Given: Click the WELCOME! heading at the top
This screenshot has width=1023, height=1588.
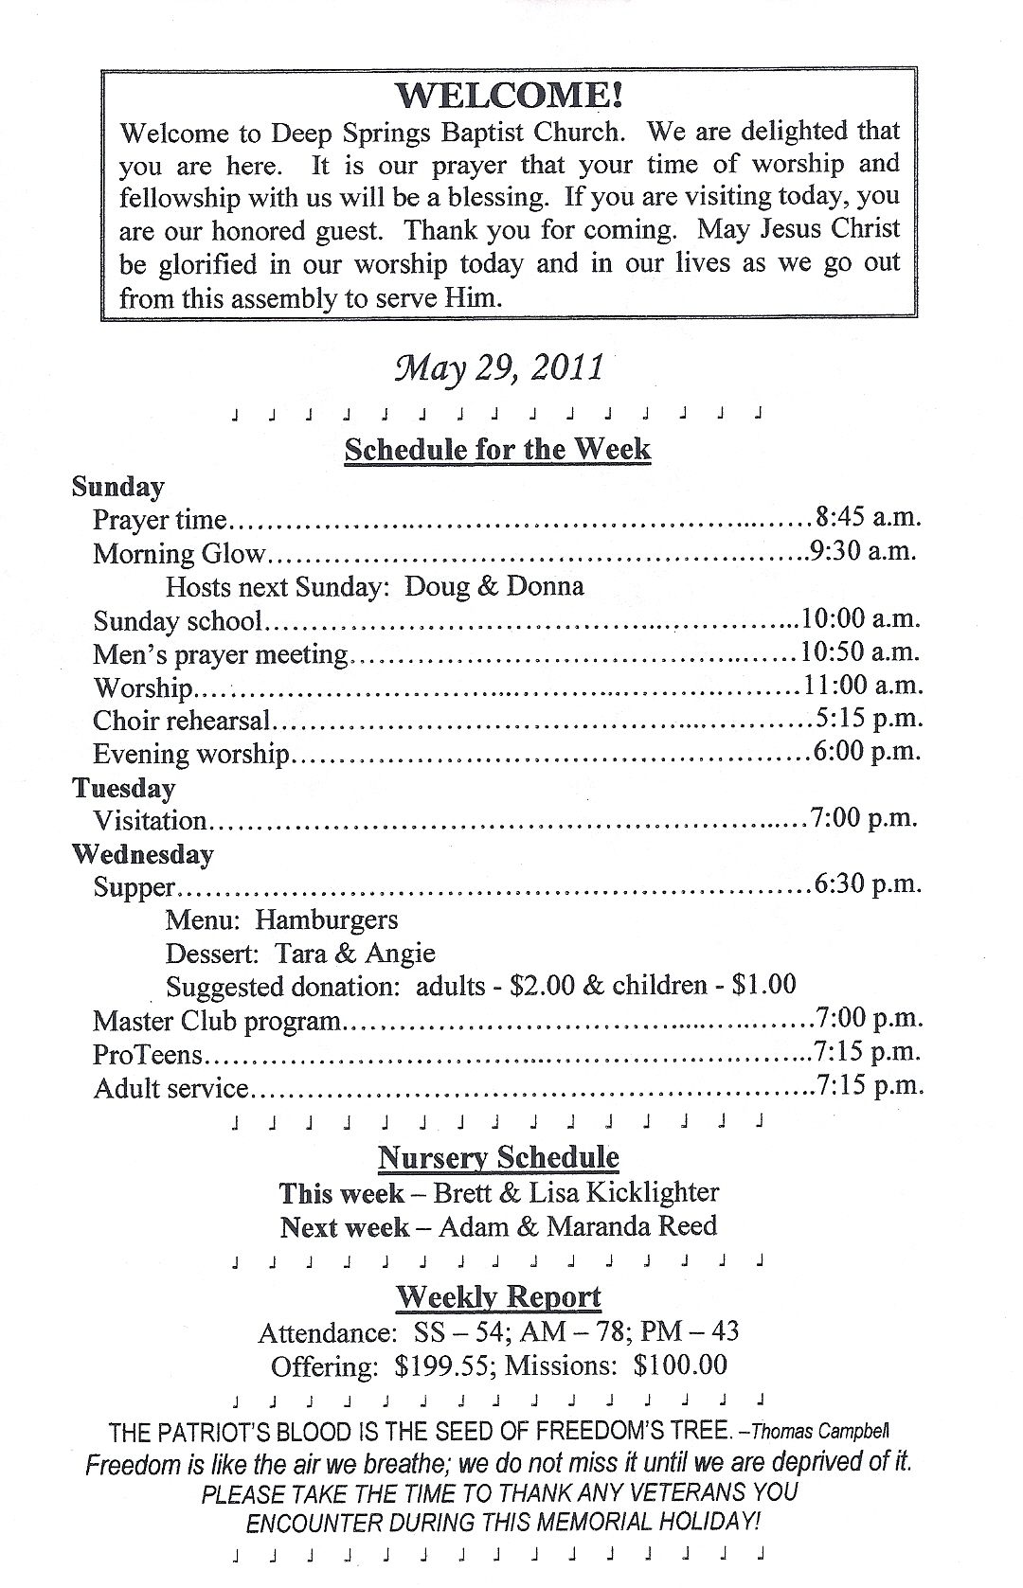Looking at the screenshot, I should tap(509, 95).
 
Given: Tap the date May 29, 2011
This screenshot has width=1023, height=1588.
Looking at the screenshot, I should tap(498, 368).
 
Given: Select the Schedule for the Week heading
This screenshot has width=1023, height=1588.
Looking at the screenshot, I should tap(497, 449).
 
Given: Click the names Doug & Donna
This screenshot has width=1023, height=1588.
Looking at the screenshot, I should tap(494, 586).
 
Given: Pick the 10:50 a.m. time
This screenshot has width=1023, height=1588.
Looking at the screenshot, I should tap(861, 651).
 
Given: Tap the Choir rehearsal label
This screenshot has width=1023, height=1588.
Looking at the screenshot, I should tap(182, 721).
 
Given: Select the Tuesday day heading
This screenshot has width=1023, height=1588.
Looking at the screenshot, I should tap(124, 788).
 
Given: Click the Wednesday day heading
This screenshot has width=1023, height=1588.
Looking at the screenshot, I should tap(143, 854).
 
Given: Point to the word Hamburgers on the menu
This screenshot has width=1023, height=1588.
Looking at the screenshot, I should tap(327, 919).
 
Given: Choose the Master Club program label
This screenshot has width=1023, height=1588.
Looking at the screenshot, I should tap(217, 1021).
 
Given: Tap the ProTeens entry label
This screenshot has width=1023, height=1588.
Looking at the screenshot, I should tap(148, 1054).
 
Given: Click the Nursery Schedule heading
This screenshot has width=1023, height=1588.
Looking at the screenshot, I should tap(498, 1157).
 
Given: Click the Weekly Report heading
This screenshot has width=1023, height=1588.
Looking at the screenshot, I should tap(498, 1296).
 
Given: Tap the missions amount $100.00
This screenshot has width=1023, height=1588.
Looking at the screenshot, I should tap(680, 1365).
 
